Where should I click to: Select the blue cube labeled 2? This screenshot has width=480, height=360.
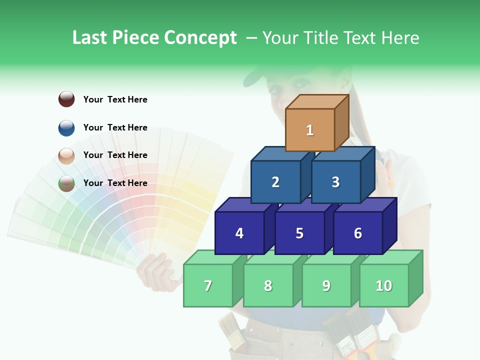tap(275, 182)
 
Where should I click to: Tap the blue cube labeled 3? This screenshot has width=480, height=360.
tap(335, 182)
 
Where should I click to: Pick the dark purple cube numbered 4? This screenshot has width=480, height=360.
tap(239, 233)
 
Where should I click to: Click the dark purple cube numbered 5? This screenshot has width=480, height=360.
tap(299, 233)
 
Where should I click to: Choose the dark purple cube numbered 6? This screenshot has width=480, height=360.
tap(358, 233)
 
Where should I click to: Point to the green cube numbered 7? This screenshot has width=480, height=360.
tap(208, 285)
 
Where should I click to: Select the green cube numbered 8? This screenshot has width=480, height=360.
tap(268, 285)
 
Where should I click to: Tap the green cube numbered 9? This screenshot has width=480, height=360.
tap(326, 285)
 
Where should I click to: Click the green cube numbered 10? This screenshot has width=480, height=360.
tap(384, 285)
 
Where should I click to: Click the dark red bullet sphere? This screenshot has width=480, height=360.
tap(66, 99)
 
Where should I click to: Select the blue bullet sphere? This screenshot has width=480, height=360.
tap(66, 127)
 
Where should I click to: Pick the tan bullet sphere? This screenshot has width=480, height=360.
tap(66, 155)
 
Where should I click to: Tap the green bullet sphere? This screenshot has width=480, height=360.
tap(66, 183)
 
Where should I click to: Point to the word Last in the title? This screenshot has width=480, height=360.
tap(91, 38)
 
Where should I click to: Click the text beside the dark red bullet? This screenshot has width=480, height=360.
tap(115, 99)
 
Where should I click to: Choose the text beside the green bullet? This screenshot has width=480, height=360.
tap(115, 183)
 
